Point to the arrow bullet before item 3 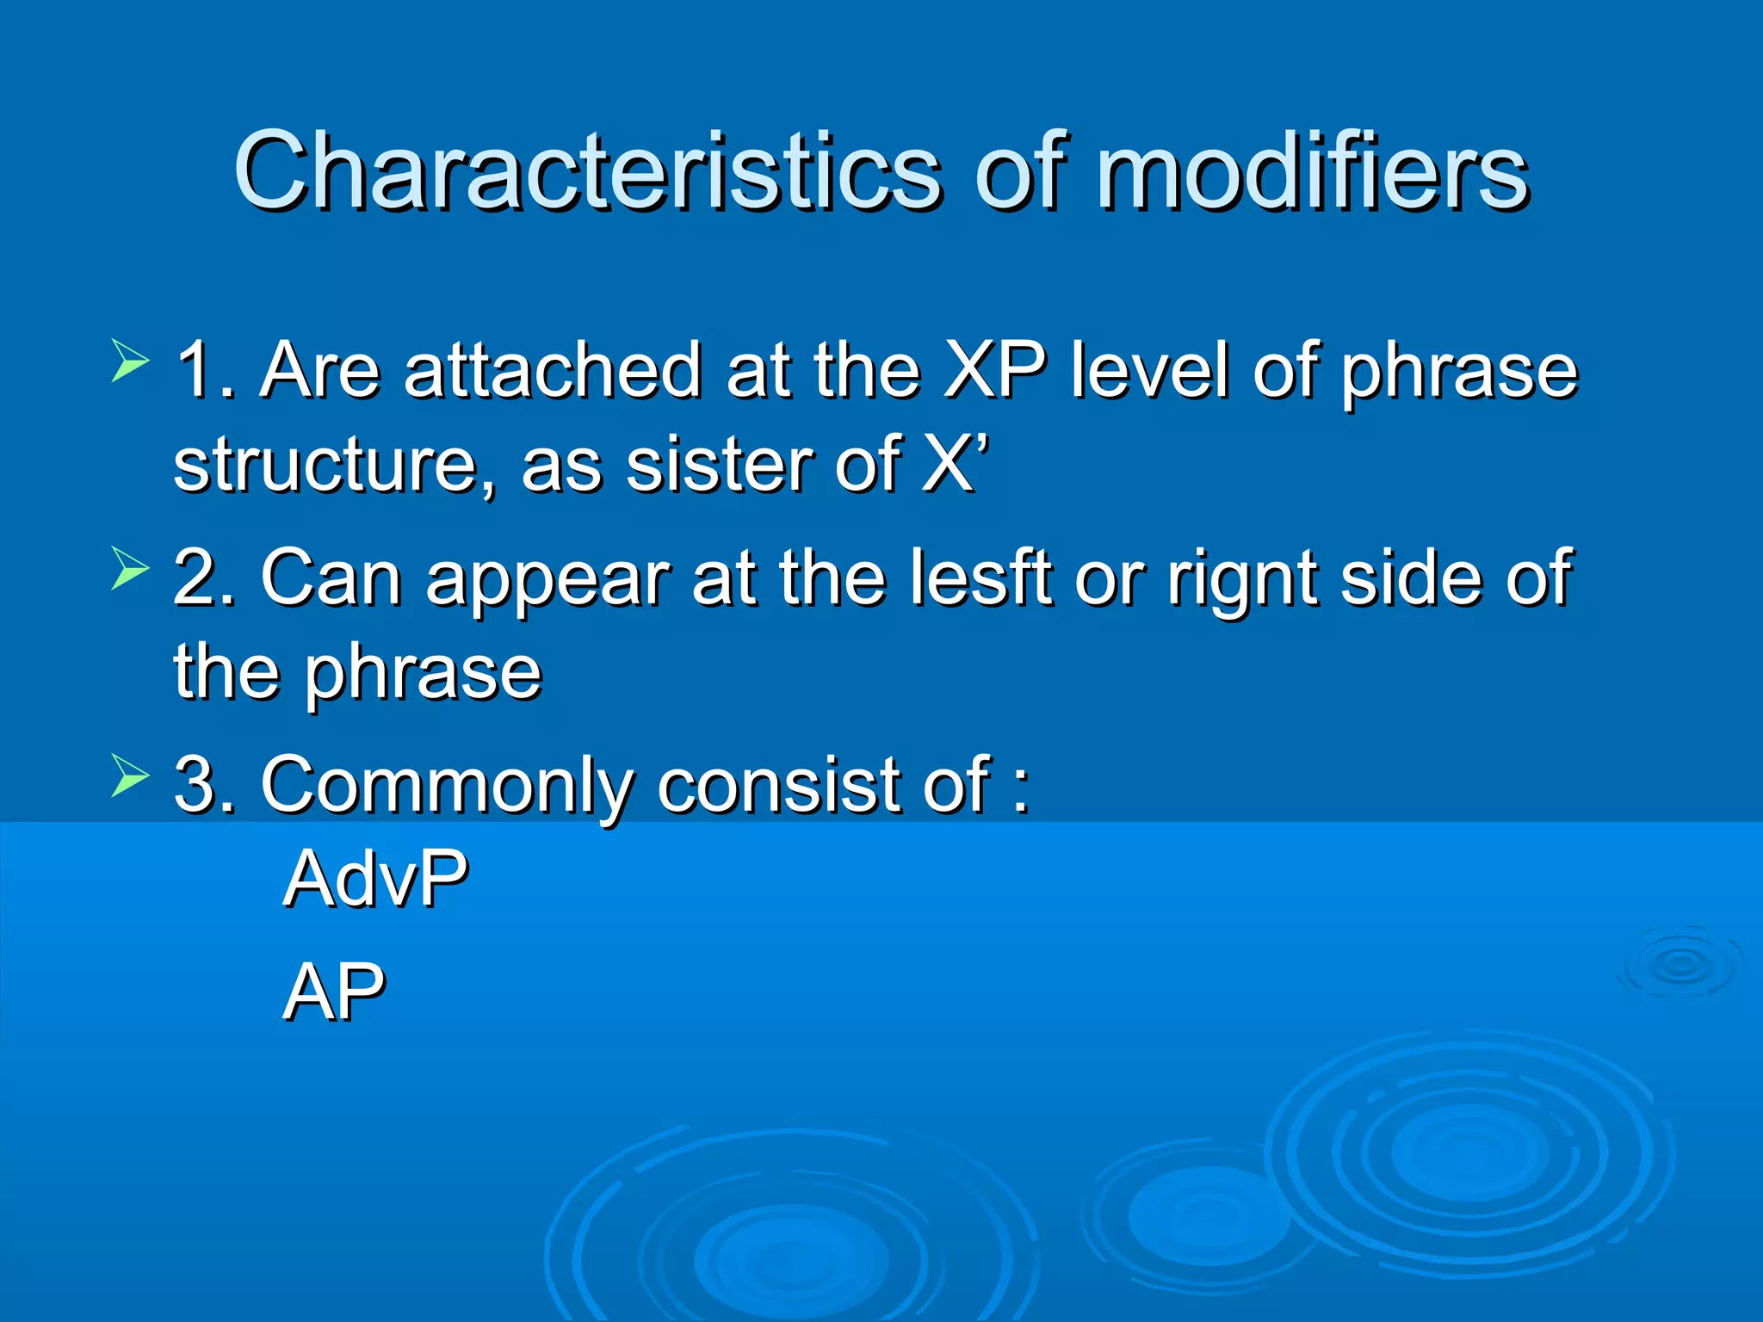(130, 775)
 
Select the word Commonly (448, 785)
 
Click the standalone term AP (334, 991)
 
